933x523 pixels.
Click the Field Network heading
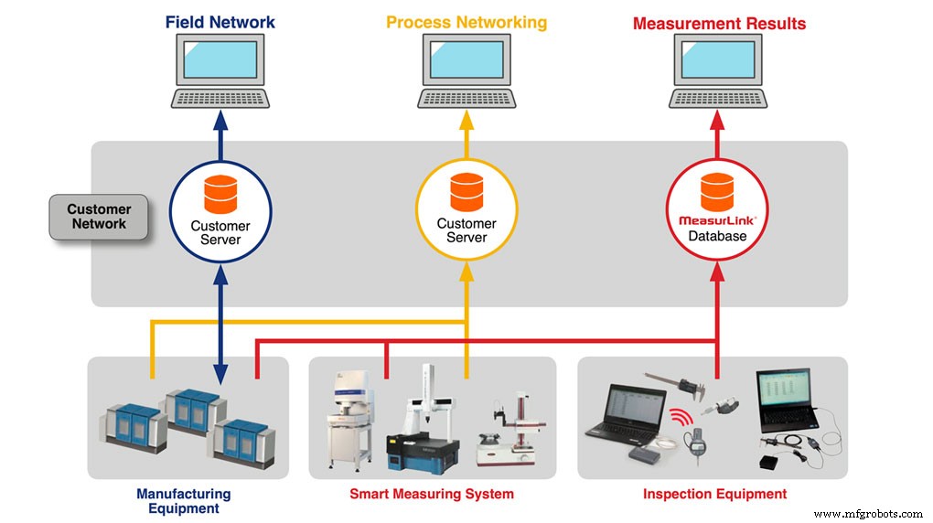(x=220, y=22)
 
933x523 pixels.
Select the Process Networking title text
(x=466, y=22)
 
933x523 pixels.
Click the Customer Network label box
(x=99, y=217)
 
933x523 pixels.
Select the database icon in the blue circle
(x=220, y=193)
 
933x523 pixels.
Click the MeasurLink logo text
(x=716, y=220)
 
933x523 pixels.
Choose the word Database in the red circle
(x=716, y=237)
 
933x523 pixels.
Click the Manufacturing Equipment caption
(x=183, y=501)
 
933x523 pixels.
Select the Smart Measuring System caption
(x=432, y=495)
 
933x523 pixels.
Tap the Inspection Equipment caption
(x=714, y=495)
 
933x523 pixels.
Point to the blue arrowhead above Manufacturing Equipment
(x=220, y=374)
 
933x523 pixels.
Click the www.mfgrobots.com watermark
(x=868, y=514)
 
